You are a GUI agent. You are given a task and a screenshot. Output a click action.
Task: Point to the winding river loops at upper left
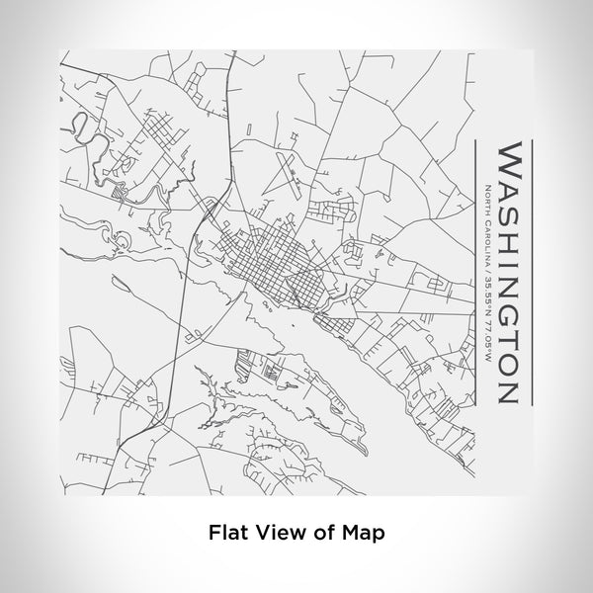click(x=84, y=128)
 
